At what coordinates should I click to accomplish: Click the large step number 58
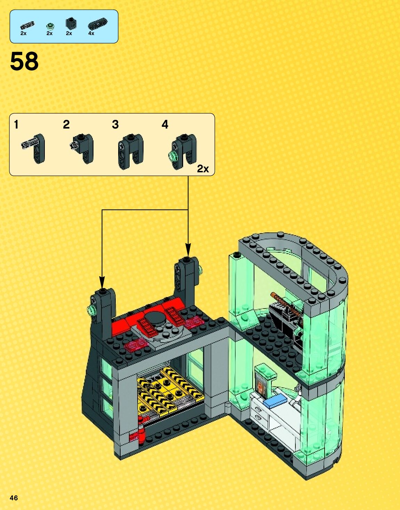point(24,61)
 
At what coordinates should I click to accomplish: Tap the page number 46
point(14,498)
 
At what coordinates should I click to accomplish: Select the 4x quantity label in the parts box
point(91,33)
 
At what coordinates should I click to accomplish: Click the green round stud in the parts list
point(50,26)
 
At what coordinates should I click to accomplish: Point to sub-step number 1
point(16,124)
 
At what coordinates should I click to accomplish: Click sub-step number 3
point(115,124)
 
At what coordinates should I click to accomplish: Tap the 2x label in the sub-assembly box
point(203,168)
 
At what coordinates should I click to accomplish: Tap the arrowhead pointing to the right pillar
point(188,249)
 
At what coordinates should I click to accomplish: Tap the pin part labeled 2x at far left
point(27,25)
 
